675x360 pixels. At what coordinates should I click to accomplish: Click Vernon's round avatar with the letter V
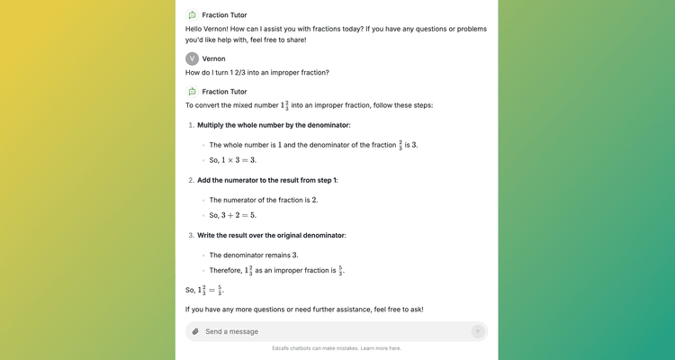193,58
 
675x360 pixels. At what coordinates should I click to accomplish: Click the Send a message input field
333,331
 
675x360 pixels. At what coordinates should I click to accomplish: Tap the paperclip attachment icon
195,331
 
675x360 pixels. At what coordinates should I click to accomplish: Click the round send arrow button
478,331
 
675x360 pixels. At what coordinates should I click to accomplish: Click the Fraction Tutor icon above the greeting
193,15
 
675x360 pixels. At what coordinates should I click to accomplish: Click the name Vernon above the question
214,58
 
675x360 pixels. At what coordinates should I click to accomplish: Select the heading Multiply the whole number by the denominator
274,124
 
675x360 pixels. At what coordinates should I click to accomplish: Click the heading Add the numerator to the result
267,180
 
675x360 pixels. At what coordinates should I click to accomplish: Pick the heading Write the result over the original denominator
271,235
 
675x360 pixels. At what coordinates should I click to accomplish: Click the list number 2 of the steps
191,180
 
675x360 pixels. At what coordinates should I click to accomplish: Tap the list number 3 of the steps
191,235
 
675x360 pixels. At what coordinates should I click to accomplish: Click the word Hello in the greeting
195,29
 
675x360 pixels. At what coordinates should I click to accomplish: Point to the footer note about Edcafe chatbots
337,348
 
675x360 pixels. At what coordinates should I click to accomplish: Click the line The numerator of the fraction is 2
264,200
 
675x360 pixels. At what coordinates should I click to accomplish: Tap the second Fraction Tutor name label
224,91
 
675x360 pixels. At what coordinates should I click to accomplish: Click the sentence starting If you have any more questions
304,310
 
